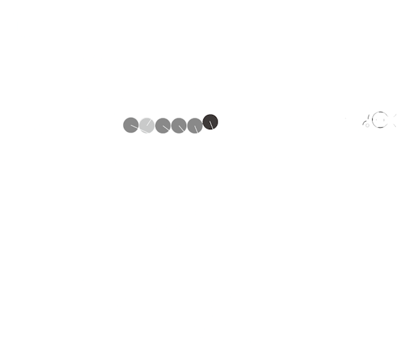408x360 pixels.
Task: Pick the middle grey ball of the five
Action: [163, 125]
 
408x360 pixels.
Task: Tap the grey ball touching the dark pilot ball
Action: [194, 125]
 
